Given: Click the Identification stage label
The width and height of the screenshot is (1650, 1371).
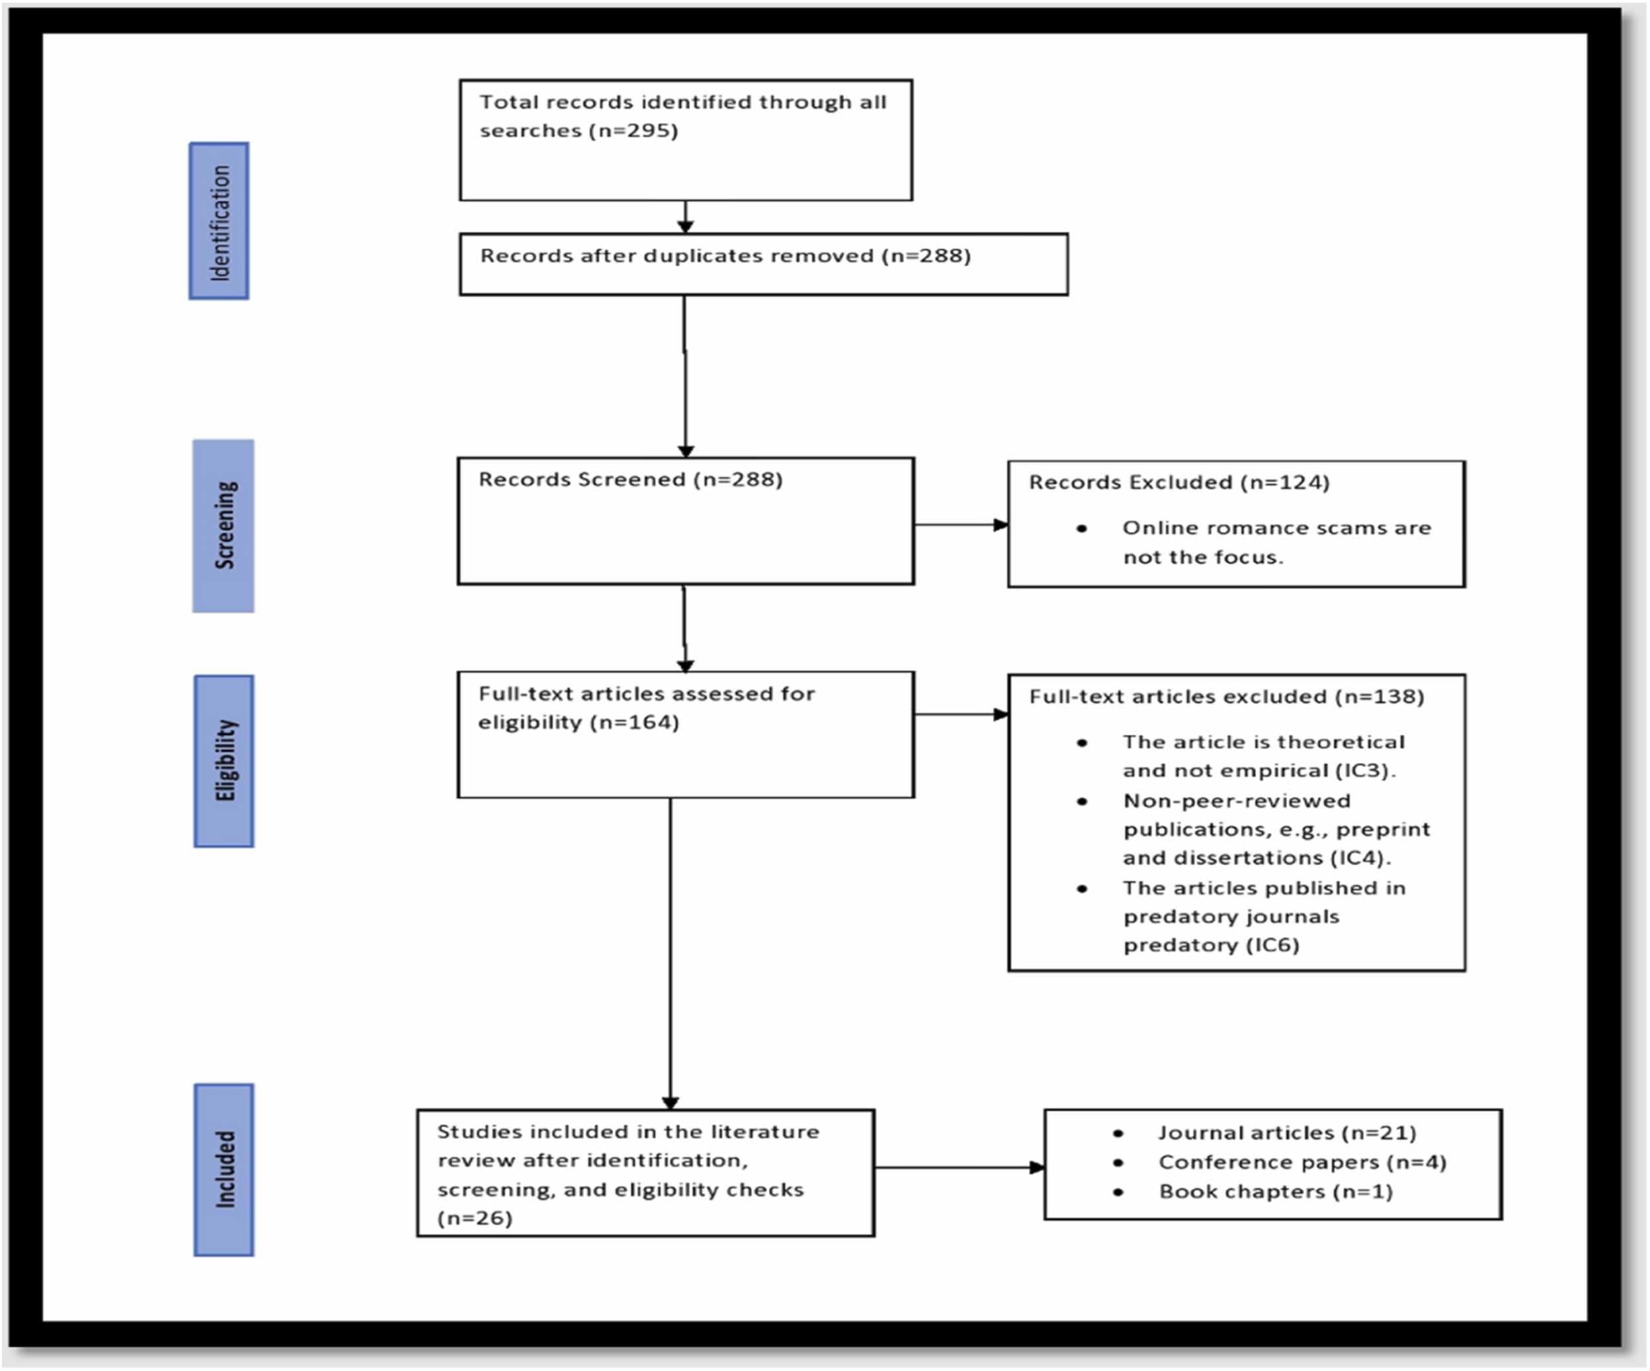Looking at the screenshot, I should coord(219,222).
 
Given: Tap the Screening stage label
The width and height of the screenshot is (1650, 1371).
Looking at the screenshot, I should coord(224,525).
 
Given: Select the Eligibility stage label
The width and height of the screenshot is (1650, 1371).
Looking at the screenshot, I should coord(225,761).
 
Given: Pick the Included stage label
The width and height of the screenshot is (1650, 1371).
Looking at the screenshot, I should coord(225,1169).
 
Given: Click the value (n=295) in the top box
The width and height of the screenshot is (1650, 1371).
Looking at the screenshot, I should coord(634,130).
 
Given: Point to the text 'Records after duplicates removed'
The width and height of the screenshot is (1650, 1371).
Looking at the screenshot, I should coord(677,256).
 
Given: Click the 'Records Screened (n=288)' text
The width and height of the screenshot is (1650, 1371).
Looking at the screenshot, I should coord(630,479).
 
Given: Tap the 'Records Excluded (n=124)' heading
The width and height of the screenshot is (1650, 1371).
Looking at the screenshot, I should coord(1178,482).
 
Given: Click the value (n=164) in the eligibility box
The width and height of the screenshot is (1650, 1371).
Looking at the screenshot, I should coord(634,722).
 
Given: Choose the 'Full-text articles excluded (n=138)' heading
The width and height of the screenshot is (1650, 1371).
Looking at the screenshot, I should coord(1225,697).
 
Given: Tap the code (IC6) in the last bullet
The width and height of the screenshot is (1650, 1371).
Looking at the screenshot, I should coord(1271,945).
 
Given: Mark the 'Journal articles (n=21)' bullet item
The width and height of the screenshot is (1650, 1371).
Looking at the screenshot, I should coord(1286,1133).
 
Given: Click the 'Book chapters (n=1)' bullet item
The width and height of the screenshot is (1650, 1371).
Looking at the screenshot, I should coord(1275,1192).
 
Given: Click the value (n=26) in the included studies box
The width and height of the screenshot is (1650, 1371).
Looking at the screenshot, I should coord(475,1219).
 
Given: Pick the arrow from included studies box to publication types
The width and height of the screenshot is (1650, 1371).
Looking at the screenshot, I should coord(958,1167).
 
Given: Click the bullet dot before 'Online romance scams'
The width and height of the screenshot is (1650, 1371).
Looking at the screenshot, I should coord(1082,529).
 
